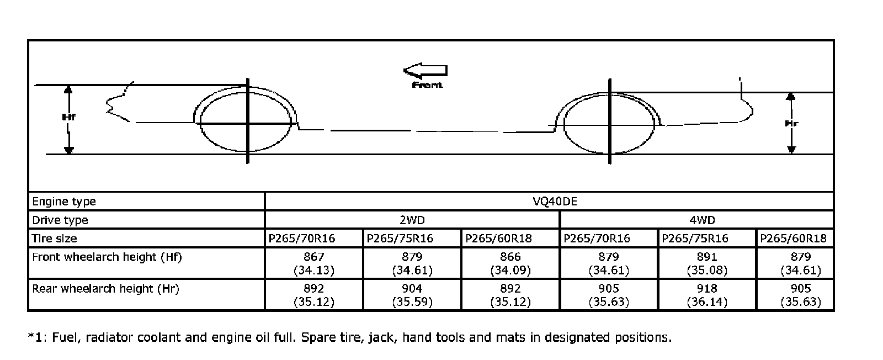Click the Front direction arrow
pyautogui.click(x=425, y=71)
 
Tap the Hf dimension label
pyautogui.click(x=69, y=117)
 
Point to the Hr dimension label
pyautogui.click(x=791, y=124)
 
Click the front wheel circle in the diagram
pyautogui.click(x=200, y=122)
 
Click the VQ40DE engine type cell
pyautogui.click(x=555, y=202)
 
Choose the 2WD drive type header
pyautogui.click(x=412, y=220)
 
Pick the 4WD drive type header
pyautogui.click(x=702, y=220)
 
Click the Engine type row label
pyautogui.click(x=64, y=202)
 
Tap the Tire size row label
pyautogui.click(x=55, y=239)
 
